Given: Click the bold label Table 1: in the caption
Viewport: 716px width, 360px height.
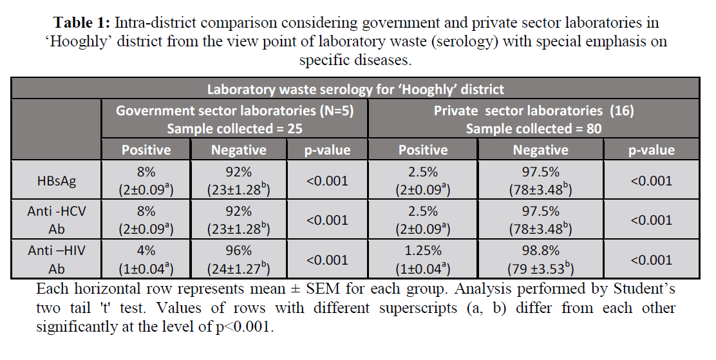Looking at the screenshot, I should pyautogui.click(x=82, y=23).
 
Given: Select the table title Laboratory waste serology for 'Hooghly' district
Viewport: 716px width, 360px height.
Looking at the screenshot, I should pyautogui.click(x=356, y=89).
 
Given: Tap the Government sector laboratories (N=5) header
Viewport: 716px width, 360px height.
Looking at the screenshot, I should pyautogui.click(x=234, y=111).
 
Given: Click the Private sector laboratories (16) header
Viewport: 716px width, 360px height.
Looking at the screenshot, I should pyautogui.click(x=534, y=111).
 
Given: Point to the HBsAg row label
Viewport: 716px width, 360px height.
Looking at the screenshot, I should pyautogui.click(x=57, y=181).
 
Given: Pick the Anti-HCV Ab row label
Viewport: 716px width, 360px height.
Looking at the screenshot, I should pyautogui.click(x=57, y=220).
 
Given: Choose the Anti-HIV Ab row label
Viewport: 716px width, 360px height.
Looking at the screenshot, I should pyautogui.click(x=57, y=260).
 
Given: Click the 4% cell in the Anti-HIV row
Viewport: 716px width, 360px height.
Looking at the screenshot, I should pyautogui.click(x=146, y=251).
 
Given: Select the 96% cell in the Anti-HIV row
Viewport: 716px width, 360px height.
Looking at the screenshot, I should pyautogui.click(x=238, y=251).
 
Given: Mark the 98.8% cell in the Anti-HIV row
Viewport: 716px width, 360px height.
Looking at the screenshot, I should pyautogui.click(x=540, y=251).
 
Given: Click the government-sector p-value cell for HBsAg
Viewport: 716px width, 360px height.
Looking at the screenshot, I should pyautogui.click(x=327, y=181).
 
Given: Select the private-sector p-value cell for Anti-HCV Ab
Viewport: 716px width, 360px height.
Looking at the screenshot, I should pyautogui.click(x=651, y=220).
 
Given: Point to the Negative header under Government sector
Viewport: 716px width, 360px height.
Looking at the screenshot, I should pyautogui.click(x=238, y=150).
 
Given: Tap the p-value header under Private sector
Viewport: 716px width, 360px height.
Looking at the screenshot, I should pyautogui.click(x=651, y=150).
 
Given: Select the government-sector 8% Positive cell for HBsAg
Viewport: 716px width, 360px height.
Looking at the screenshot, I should pyautogui.click(x=146, y=173).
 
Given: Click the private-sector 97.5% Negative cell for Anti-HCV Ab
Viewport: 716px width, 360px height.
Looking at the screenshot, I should pyautogui.click(x=540, y=212).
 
